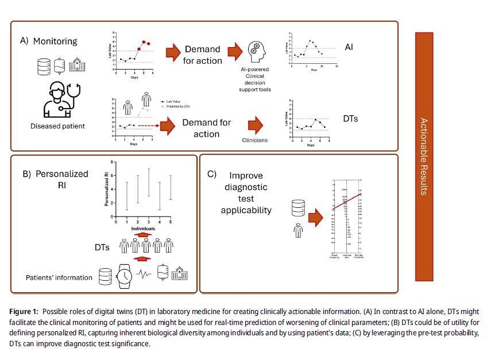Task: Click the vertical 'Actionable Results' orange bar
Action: pos(423,156)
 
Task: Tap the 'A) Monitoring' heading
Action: pos(49,41)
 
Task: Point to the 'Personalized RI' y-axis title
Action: pos(106,190)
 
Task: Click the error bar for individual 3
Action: pos(148,183)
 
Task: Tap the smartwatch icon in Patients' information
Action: pos(124,276)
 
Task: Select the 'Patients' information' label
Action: pos(59,277)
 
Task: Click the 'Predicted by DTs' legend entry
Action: pos(179,106)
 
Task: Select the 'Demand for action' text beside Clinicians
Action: pos(206,128)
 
